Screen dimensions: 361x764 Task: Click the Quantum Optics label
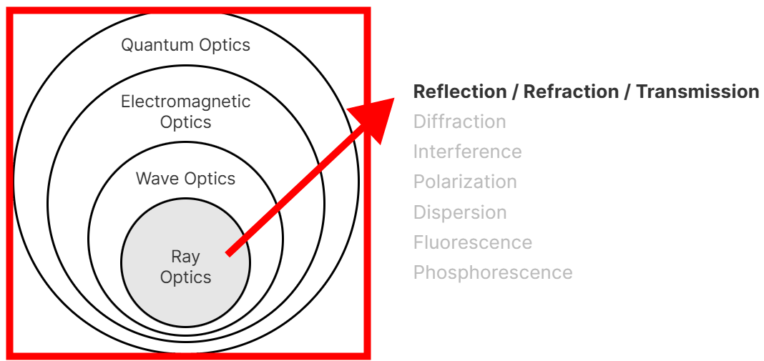pyautogui.click(x=185, y=45)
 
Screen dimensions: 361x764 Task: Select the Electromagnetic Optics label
pyautogui.click(x=185, y=112)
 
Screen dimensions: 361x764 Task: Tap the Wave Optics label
pyautogui.click(x=185, y=179)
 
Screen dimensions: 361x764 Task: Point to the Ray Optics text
pyautogui.click(x=185, y=267)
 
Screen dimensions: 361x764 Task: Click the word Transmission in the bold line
pyautogui.click(x=697, y=92)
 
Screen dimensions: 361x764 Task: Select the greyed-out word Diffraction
pyautogui.click(x=459, y=122)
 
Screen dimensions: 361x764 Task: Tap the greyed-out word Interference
pyautogui.click(x=467, y=152)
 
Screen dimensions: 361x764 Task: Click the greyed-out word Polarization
pyautogui.click(x=465, y=182)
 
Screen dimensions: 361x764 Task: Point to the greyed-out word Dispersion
pyautogui.click(x=460, y=213)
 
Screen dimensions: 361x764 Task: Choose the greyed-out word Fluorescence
pyautogui.click(x=472, y=243)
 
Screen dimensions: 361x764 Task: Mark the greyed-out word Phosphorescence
pyautogui.click(x=493, y=273)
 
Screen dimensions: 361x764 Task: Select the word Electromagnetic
pyautogui.click(x=185, y=102)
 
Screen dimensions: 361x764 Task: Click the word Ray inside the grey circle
pyautogui.click(x=185, y=257)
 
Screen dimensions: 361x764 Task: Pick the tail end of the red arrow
pyautogui.click(x=229, y=252)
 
